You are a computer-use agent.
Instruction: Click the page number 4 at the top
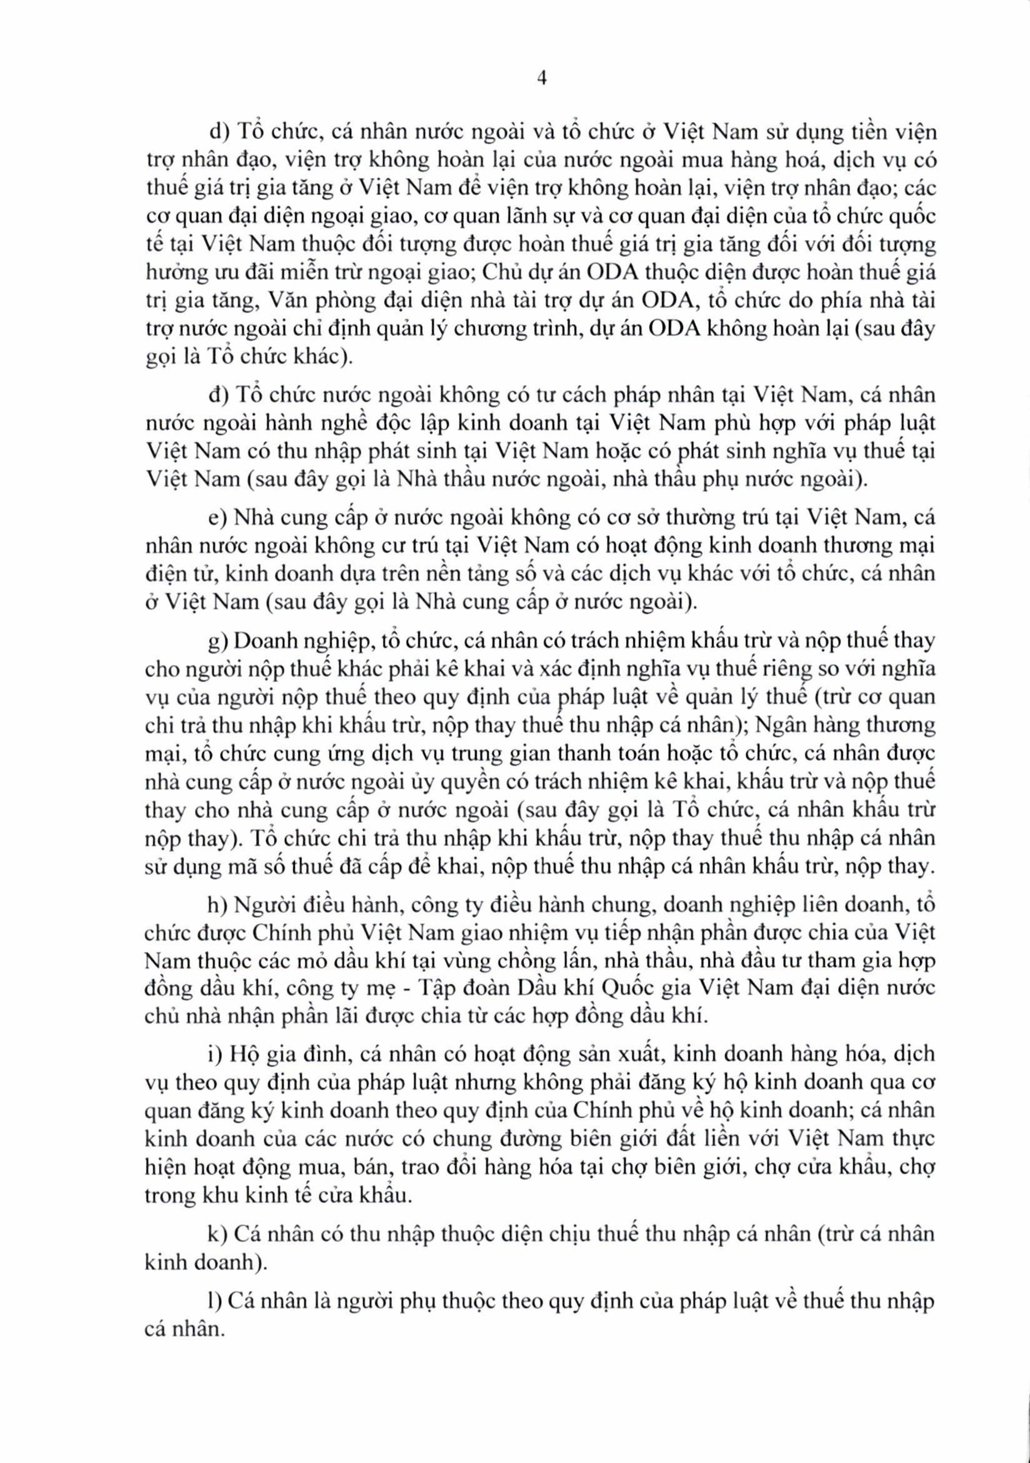(x=524, y=78)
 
